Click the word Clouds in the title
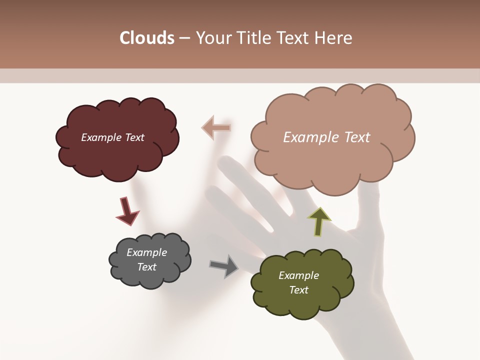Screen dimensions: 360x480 point(146,38)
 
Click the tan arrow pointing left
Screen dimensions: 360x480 point(216,128)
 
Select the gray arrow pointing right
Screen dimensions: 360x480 point(224,266)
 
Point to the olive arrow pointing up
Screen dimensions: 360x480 point(319,221)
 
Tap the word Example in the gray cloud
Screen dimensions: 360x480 point(146,252)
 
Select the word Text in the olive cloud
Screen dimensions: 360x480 point(298,290)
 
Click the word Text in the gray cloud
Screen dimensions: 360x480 point(146,267)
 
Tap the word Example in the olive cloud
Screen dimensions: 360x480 point(298,275)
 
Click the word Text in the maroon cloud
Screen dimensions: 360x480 point(133,137)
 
